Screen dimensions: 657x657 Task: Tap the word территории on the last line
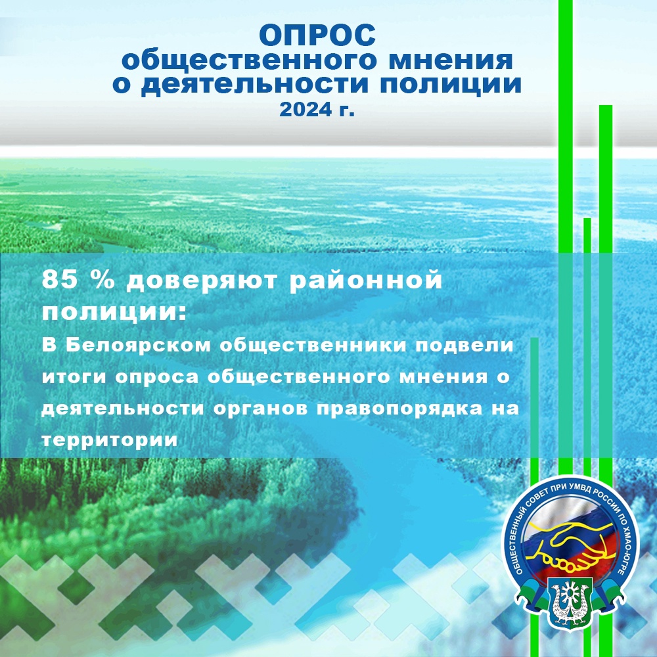click(109, 440)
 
